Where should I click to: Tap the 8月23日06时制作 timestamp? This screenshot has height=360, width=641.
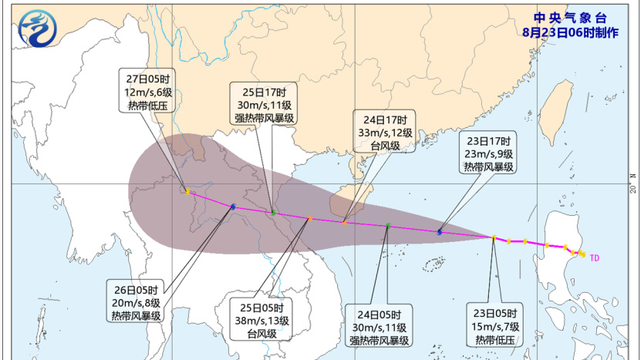pyautogui.click(x=569, y=32)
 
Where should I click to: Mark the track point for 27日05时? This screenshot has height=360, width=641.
pyautogui.click(x=187, y=192)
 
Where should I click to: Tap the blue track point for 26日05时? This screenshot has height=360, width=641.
pyautogui.click(x=233, y=207)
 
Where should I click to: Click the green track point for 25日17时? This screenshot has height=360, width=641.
pyautogui.click(x=273, y=212)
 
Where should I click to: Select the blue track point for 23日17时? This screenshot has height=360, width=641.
pyautogui.click(x=440, y=231)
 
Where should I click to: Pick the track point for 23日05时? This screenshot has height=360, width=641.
pyautogui.click(x=494, y=237)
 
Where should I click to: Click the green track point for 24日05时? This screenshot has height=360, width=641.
pyautogui.click(x=388, y=226)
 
